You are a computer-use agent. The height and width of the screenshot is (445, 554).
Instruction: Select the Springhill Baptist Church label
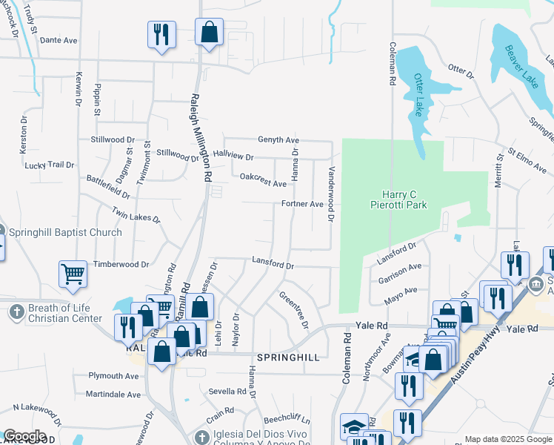pos(65,232)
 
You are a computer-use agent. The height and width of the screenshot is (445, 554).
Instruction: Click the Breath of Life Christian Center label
pos(64,313)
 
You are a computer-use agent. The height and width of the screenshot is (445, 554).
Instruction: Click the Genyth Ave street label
pos(278,139)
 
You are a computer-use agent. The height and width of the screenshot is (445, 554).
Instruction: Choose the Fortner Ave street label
pos(301,204)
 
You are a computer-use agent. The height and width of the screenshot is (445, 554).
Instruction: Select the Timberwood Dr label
pos(121,264)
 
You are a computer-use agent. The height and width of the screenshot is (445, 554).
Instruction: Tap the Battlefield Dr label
pos(108,186)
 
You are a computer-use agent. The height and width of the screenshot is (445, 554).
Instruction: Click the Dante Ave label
pos(59,40)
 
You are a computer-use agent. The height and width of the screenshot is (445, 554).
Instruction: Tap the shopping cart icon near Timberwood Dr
pos(73,274)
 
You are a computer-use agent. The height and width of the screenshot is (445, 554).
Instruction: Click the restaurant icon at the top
pos(160,34)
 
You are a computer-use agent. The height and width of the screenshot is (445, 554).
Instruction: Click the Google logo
pos(24,436)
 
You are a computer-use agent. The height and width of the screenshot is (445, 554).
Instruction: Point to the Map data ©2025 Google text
pos(508,438)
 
